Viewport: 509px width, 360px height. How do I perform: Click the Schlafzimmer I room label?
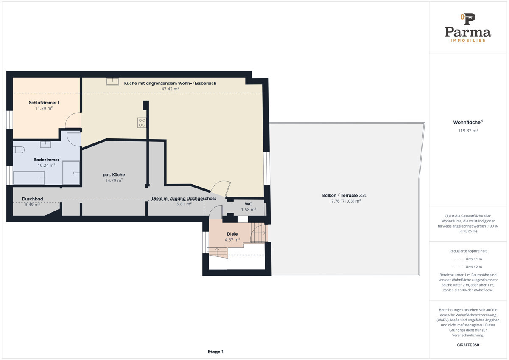[x=44, y=103]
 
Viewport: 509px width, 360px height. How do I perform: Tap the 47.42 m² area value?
[x=170, y=89]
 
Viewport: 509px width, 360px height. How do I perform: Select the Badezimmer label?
[x=46, y=160]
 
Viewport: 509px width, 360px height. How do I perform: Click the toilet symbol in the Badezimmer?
[x=19, y=150]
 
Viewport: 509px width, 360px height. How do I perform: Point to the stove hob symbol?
[x=142, y=123]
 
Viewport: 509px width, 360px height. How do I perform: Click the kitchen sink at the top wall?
[x=113, y=82]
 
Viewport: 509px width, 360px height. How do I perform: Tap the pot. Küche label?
[x=114, y=174]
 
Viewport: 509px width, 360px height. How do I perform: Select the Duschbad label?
[x=33, y=199]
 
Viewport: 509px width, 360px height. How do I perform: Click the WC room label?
[x=249, y=204]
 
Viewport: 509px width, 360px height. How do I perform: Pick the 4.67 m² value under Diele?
[x=232, y=240]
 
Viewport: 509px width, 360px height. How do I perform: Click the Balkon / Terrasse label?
[x=344, y=195]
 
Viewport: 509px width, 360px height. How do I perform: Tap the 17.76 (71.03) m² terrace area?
[x=345, y=201]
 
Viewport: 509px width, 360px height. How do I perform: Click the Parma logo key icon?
[x=468, y=19]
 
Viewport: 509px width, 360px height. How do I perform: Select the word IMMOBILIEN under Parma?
[x=468, y=40]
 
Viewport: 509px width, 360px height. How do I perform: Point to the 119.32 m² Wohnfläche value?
[x=468, y=131]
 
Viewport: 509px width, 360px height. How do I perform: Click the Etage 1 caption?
[x=215, y=352]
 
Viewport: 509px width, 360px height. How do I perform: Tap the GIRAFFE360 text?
[x=468, y=345]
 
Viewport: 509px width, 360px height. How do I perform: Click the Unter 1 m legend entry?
[x=468, y=259]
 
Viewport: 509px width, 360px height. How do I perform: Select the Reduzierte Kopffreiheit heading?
[x=468, y=251]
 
